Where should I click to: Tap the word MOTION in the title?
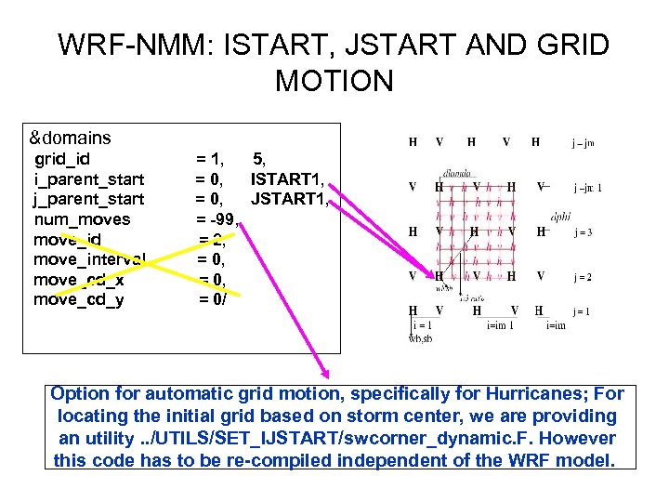334,81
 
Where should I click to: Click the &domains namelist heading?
71,138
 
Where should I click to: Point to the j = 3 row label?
583,232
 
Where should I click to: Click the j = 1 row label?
583,310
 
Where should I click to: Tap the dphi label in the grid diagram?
560,216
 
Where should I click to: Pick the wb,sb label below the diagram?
421,338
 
